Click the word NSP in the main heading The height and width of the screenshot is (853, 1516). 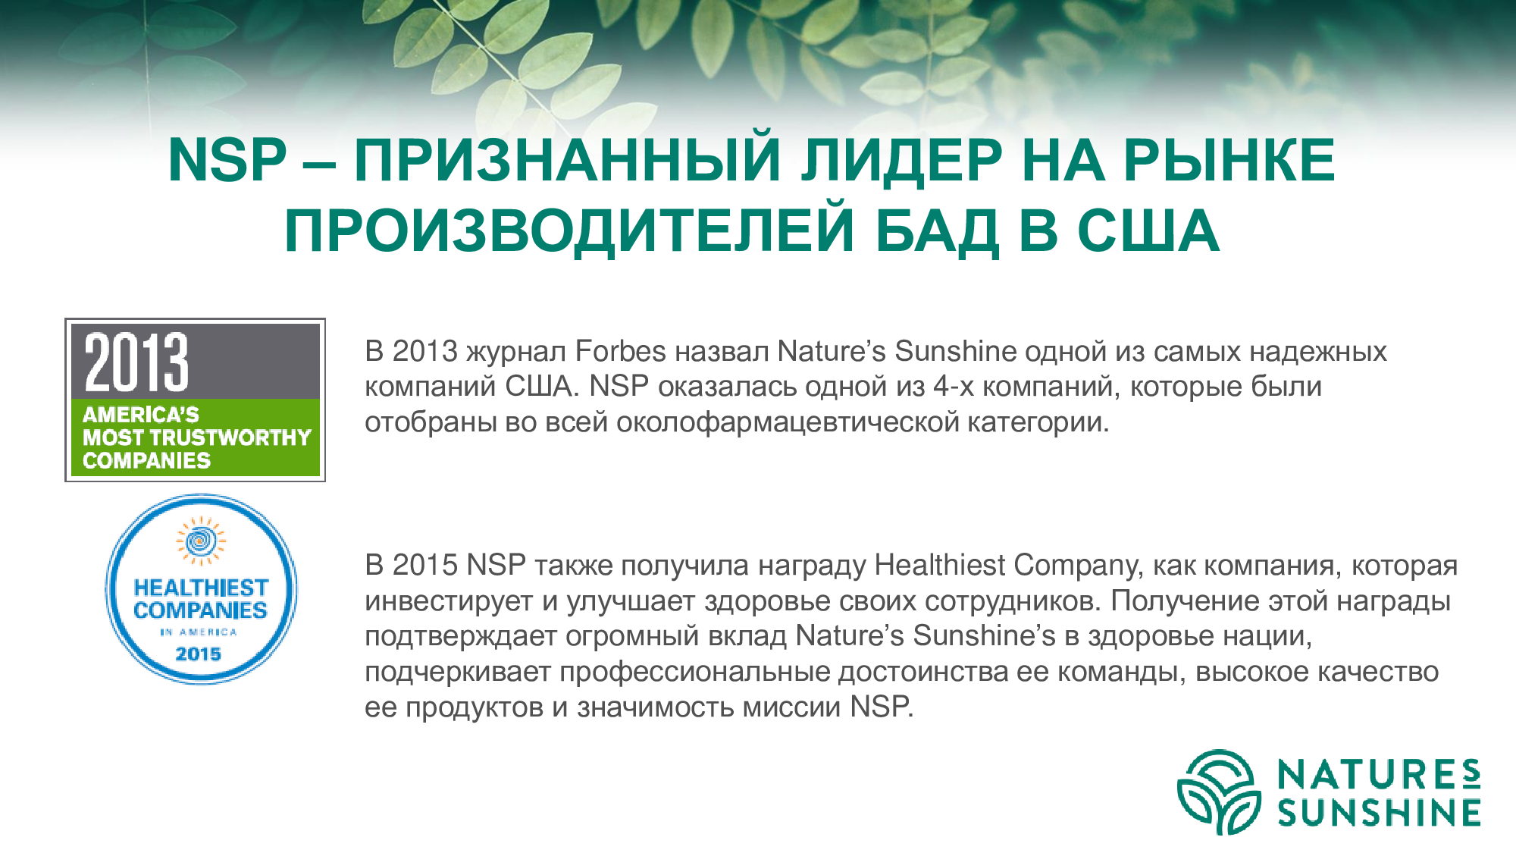tap(227, 161)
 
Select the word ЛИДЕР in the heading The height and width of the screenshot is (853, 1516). tap(902, 161)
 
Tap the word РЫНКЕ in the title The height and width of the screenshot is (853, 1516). tap(1229, 161)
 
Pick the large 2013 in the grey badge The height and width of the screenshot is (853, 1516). tap(136, 362)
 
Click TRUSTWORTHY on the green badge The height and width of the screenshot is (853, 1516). tap(241, 437)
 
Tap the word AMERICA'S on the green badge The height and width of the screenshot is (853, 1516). tap(141, 415)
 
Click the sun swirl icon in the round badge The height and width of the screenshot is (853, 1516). tap(201, 541)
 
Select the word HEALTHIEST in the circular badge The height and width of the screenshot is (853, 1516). tap(201, 588)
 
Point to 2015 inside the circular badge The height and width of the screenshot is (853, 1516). tap(199, 654)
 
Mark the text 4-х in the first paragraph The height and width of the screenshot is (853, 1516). tap(954, 387)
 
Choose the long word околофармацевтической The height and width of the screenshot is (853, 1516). tap(788, 422)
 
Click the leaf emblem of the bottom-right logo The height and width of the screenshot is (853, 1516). tap(1219, 792)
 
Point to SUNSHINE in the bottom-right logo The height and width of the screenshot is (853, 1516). tap(1379, 813)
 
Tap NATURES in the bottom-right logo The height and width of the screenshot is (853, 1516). tap(1379, 774)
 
